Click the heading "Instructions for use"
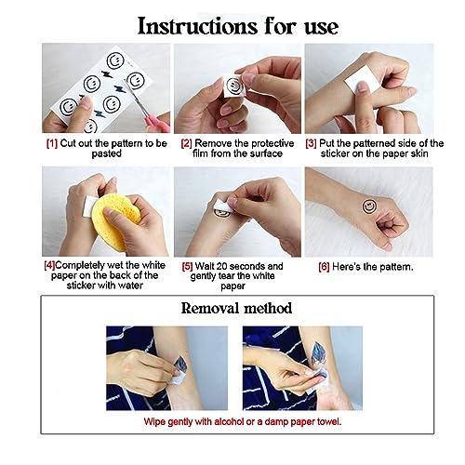[x=238, y=26]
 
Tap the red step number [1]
[x=52, y=143]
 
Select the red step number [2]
[x=187, y=143]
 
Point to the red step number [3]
[x=311, y=143]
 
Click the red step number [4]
[x=49, y=265]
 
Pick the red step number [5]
[x=188, y=266]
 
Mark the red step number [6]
[x=324, y=267]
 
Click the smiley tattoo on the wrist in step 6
[x=369, y=206]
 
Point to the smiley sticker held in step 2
[x=235, y=86]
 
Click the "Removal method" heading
[x=236, y=309]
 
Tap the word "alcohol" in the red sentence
[x=229, y=421]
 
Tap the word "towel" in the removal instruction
[x=329, y=421]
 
